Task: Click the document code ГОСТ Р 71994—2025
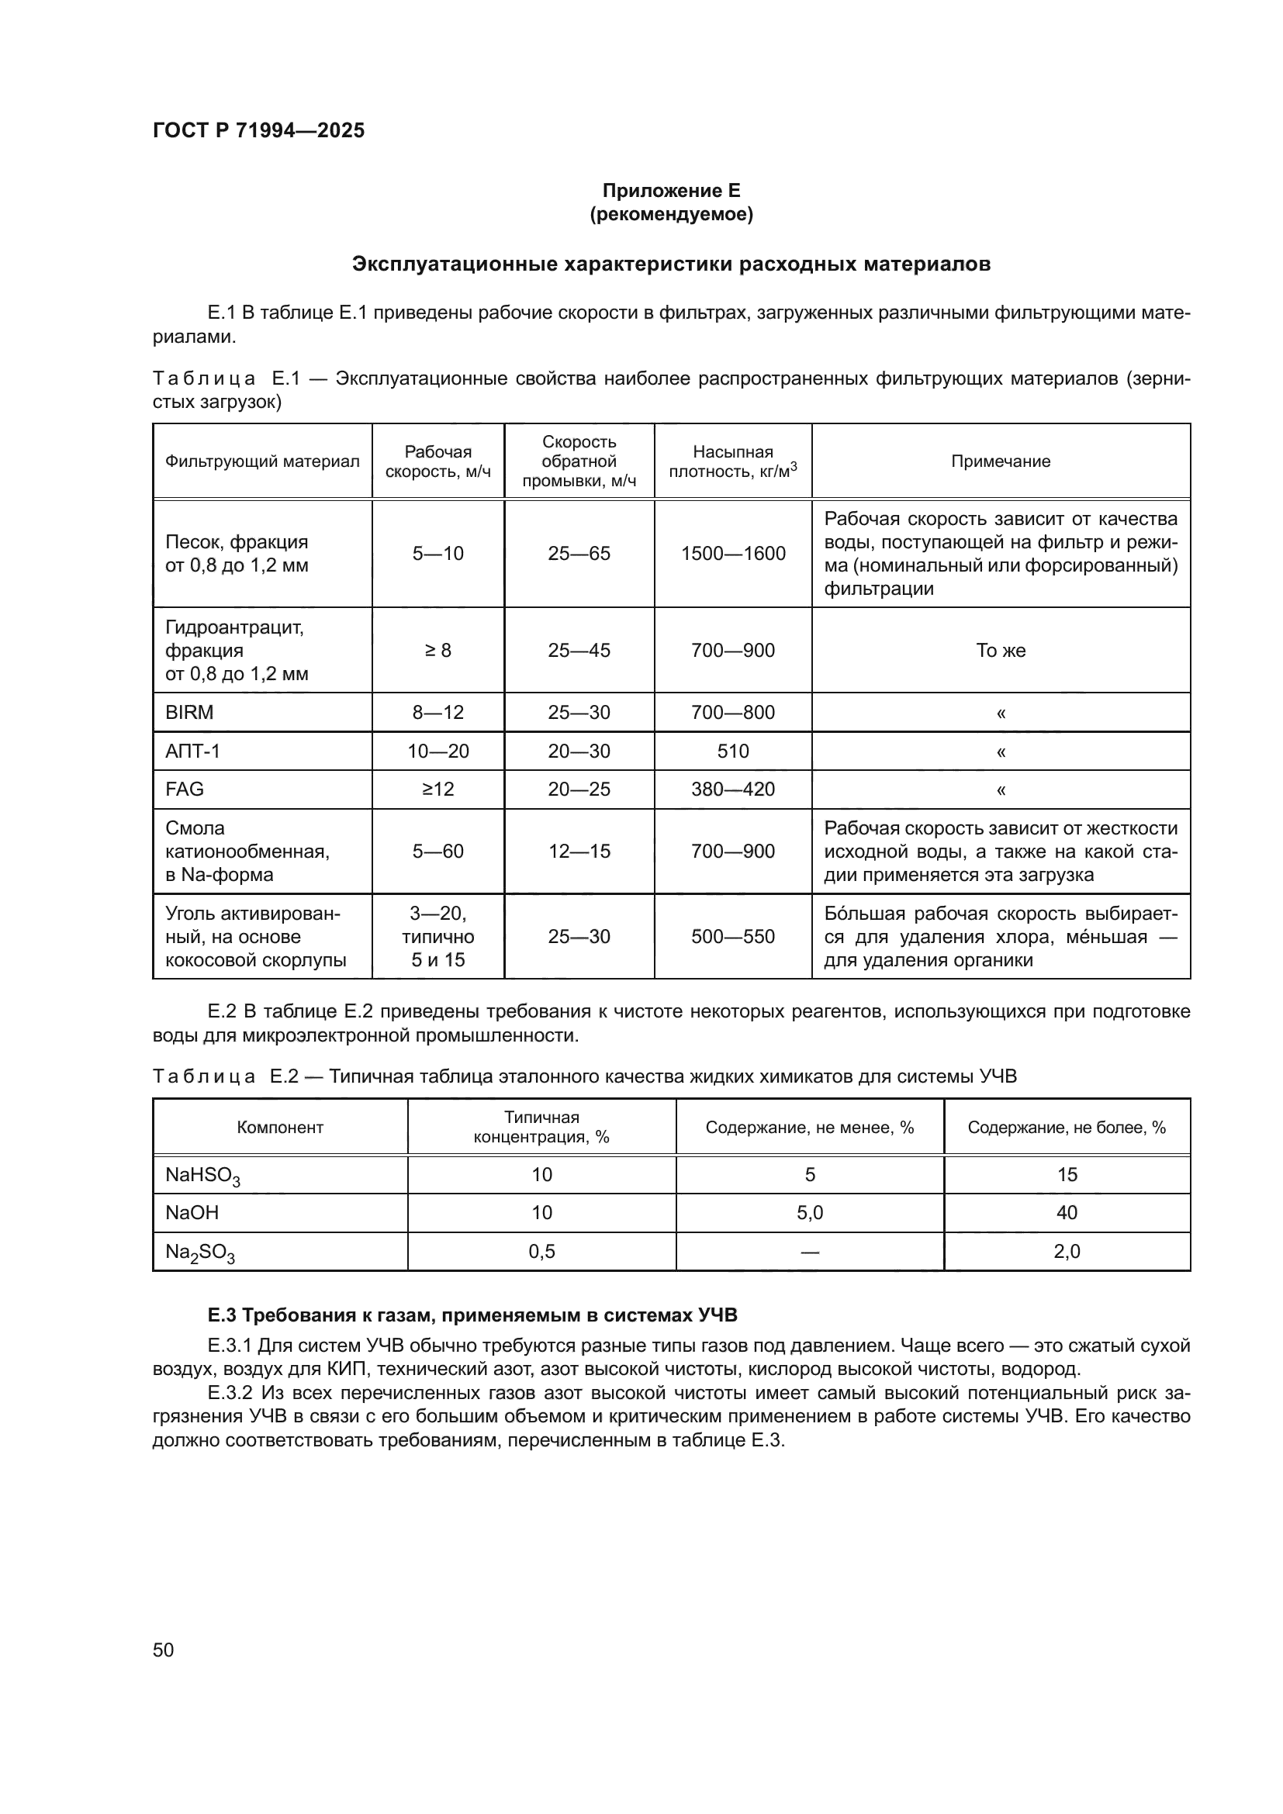258,130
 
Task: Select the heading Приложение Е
671,191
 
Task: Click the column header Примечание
1000,461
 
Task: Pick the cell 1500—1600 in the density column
732,553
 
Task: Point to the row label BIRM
189,712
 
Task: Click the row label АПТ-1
193,751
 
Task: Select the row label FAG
185,790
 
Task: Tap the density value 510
732,751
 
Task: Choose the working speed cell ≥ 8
437,650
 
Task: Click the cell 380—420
732,790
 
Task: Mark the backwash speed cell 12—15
579,851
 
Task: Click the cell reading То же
1000,650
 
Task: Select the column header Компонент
280,1128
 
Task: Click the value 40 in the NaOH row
1067,1213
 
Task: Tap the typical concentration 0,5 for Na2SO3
541,1252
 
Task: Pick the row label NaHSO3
202,1176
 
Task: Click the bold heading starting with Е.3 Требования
472,1315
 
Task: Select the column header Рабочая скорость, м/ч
437,461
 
